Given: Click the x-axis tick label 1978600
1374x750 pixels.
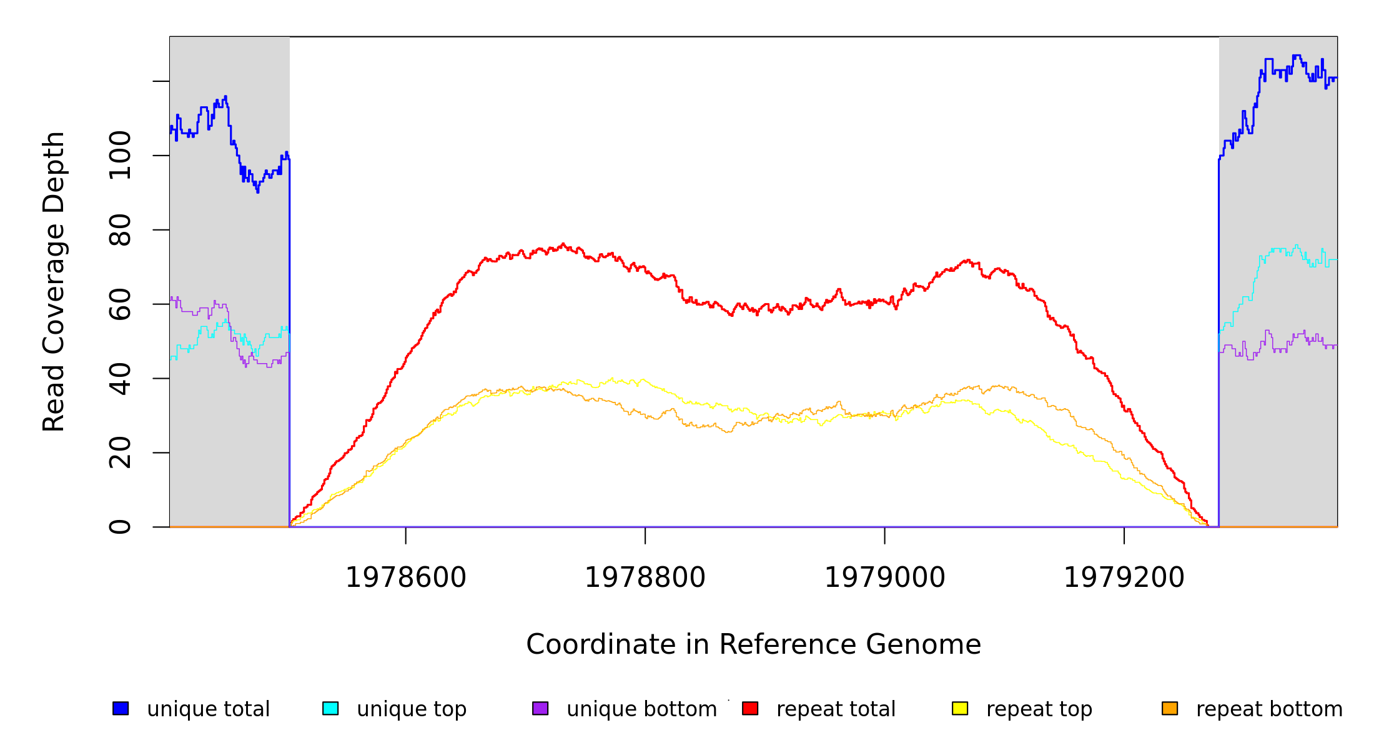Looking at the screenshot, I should [x=406, y=577].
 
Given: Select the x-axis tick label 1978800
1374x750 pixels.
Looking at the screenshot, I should [x=645, y=577].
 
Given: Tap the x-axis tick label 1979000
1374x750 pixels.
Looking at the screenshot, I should [x=885, y=577].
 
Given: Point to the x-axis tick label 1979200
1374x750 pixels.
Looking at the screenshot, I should [x=1124, y=577].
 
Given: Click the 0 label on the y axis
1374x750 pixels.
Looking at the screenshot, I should [x=120, y=527].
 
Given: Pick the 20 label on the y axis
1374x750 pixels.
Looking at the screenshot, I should [x=120, y=452].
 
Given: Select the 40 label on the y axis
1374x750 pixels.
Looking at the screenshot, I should [x=120, y=378].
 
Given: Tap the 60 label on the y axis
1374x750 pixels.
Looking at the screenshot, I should [x=120, y=304].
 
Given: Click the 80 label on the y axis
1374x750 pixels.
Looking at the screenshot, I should [x=120, y=230].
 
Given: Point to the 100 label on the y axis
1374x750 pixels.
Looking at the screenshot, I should [x=120, y=156].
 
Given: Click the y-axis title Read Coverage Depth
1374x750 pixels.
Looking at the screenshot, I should [x=54, y=281].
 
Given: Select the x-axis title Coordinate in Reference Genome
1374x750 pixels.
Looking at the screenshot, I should [x=753, y=644].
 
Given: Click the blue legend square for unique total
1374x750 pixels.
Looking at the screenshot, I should [x=121, y=708].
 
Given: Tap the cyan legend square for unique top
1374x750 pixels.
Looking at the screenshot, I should [x=330, y=708].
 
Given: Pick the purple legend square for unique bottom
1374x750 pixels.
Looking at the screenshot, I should [x=540, y=708].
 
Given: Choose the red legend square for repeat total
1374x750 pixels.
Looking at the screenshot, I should [x=750, y=708].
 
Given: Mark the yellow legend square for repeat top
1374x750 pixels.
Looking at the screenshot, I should [x=960, y=708].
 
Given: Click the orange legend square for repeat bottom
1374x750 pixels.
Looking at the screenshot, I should [x=1170, y=708].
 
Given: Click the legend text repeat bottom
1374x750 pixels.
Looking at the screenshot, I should [x=1269, y=709].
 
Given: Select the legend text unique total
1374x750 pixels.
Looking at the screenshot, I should [x=209, y=709].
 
